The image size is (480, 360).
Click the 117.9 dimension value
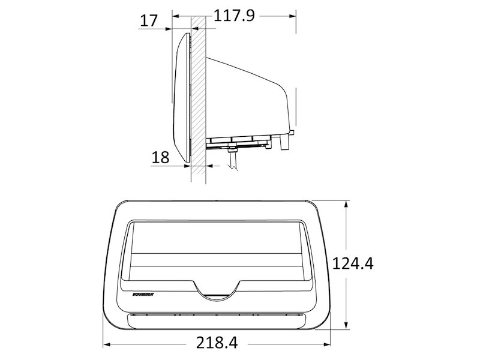(x=235, y=16)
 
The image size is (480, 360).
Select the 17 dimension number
(x=148, y=20)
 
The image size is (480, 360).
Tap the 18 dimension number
(x=160, y=158)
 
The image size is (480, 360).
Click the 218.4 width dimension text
(x=217, y=343)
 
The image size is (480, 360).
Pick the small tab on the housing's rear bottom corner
(x=293, y=131)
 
